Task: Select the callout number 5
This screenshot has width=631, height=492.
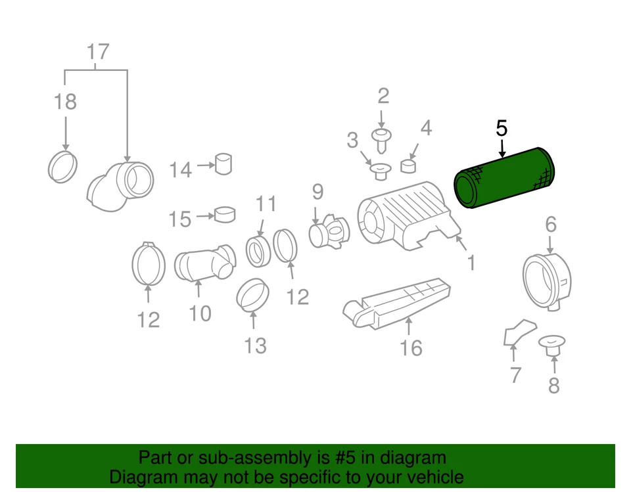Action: [502, 127]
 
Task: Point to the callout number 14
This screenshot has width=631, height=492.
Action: [180, 170]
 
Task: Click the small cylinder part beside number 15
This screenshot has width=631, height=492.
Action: [225, 214]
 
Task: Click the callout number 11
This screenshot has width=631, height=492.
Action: [266, 204]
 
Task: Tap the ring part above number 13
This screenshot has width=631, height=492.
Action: [254, 295]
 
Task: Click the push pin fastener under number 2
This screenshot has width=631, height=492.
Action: [382, 139]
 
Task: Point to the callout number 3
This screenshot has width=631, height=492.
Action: [352, 140]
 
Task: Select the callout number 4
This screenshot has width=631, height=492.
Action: [426, 127]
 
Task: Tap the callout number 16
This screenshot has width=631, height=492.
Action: [411, 347]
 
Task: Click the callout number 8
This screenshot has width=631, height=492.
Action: [553, 385]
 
